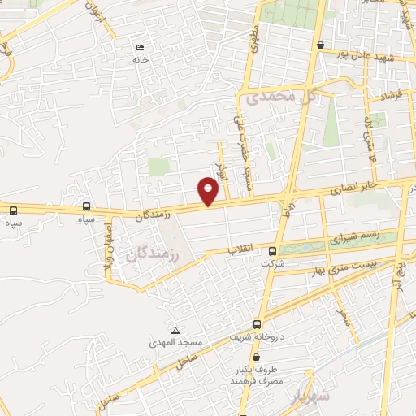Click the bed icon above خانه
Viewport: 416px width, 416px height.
coord(141,48)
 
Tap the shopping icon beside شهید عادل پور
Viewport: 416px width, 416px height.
coord(323,45)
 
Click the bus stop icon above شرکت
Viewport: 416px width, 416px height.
coord(273,251)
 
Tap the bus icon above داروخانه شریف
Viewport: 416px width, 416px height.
coord(257,323)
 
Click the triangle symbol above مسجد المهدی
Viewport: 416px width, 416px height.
coord(176,330)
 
